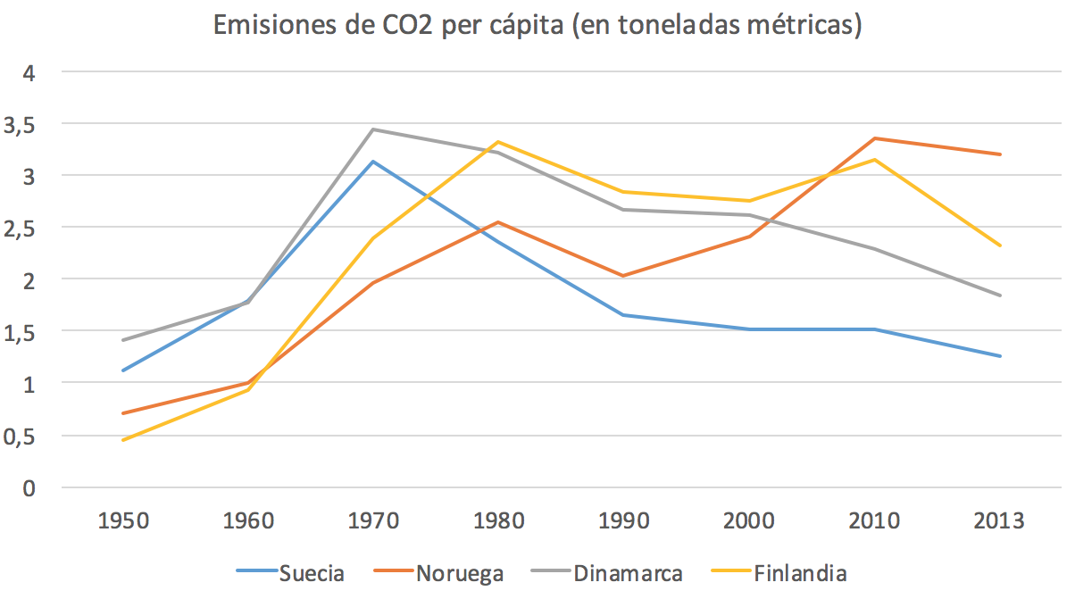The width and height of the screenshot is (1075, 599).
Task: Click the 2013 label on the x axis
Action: click(1000, 521)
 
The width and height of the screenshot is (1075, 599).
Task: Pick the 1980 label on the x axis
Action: click(498, 521)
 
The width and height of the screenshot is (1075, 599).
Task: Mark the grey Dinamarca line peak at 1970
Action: click(373, 129)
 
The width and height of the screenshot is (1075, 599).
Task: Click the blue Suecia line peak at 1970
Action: click(373, 162)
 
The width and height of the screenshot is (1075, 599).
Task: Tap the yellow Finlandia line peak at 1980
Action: click(498, 142)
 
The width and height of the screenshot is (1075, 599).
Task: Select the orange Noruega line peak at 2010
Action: click(875, 138)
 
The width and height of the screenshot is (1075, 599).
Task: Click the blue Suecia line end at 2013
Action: click(1000, 356)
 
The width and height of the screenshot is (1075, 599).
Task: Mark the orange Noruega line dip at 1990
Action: click(623, 276)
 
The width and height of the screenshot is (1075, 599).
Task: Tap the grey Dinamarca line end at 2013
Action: click(1000, 295)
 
